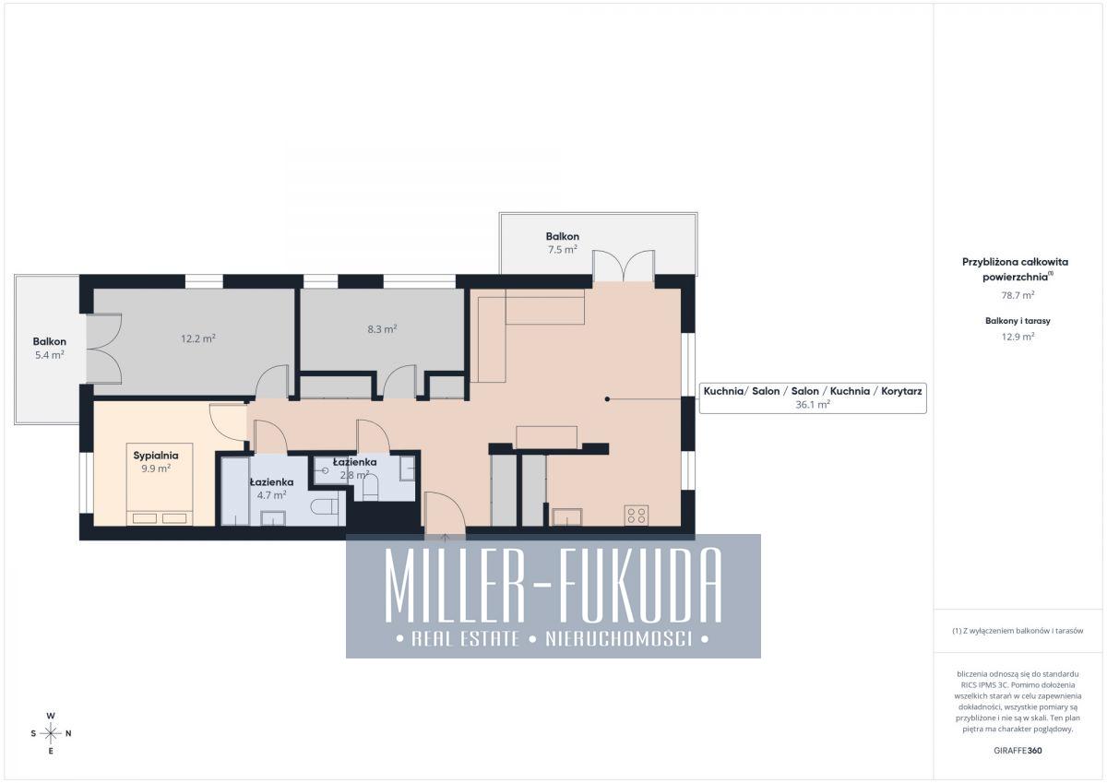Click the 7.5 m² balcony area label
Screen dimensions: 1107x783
pyautogui.click(x=563, y=250)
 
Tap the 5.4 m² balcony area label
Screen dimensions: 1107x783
pyautogui.click(x=50, y=355)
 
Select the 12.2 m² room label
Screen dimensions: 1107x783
pyautogui.click(x=198, y=338)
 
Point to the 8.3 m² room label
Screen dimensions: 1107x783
pyautogui.click(x=382, y=329)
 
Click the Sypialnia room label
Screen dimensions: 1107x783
pyautogui.click(x=156, y=456)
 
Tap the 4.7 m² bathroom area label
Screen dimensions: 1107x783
pyautogui.click(x=271, y=494)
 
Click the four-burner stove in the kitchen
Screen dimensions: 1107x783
pyautogui.click(x=636, y=516)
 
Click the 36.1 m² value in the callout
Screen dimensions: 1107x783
pyautogui.click(x=813, y=405)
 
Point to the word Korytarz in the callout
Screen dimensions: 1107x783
pyautogui.click(x=901, y=391)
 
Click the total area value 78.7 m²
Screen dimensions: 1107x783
pyautogui.click(x=1018, y=295)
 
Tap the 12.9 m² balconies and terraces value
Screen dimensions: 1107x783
pyautogui.click(x=1018, y=337)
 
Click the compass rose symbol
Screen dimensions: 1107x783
pyautogui.click(x=51, y=733)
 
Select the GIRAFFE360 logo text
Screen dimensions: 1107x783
pyautogui.click(x=1018, y=751)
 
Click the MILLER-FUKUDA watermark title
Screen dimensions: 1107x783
pyautogui.click(x=553, y=586)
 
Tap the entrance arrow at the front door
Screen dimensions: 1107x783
pyautogui.click(x=445, y=538)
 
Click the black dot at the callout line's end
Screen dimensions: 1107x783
pyautogui.click(x=607, y=398)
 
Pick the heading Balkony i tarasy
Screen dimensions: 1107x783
pyautogui.click(x=1018, y=321)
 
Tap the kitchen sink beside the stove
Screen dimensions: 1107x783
pyautogui.click(x=566, y=516)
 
